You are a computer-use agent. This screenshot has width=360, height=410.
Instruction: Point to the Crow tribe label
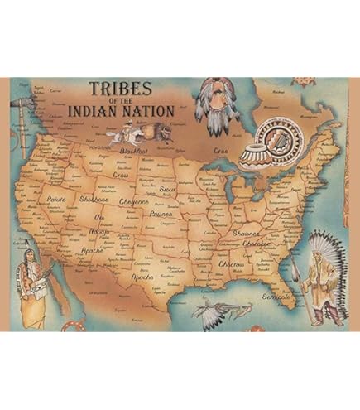122,176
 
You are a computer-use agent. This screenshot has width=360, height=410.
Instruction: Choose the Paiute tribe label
57,200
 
